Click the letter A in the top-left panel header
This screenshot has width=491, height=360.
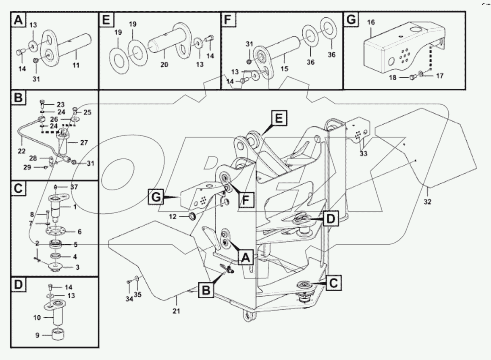(18, 20)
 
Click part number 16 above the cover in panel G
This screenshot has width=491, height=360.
(371, 23)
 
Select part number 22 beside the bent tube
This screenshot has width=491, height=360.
(21, 151)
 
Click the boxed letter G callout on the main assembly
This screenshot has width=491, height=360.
(156, 198)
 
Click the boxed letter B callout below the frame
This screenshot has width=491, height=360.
(206, 290)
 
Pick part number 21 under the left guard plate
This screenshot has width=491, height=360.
(176, 311)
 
